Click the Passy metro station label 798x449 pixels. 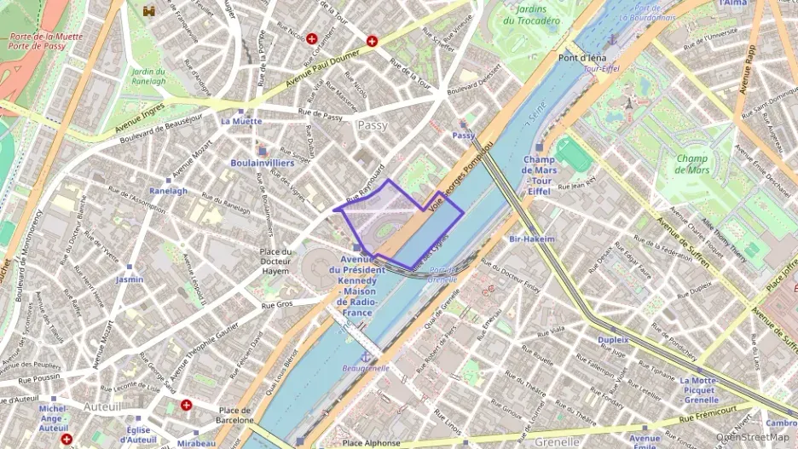[x=463, y=135]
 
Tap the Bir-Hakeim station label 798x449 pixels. [x=532, y=239]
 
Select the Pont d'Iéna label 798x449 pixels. [x=576, y=58]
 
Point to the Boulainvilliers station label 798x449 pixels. [x=263, y=163]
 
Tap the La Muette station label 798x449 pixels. [x=241, y=122]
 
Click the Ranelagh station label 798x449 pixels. [x=168, y=191]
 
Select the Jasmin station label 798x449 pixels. [x=130, y=279]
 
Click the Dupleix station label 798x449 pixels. [x=613, y=339]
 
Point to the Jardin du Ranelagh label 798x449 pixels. [x=148, y=77]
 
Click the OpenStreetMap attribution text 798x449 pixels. [x=752, y=437]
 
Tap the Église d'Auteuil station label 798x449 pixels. [x=137, y=435]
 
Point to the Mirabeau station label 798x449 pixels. [x=197, y=444]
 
